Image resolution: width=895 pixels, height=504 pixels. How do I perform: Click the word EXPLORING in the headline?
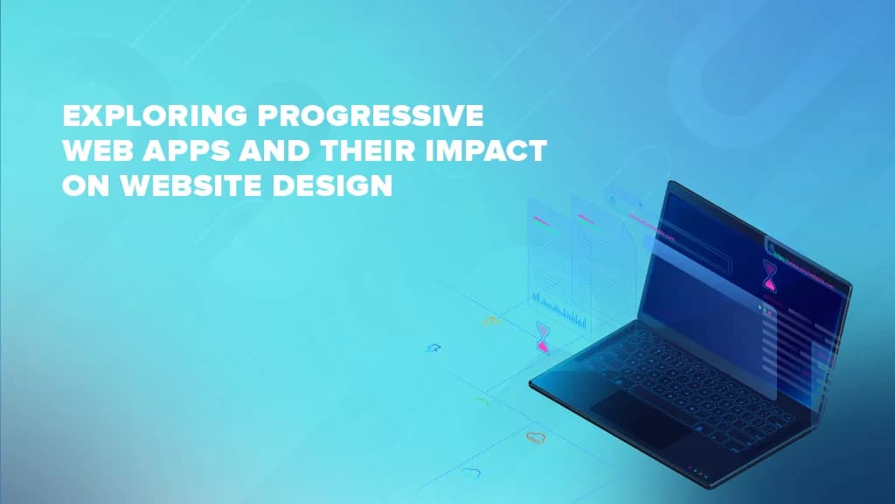pos(155,115)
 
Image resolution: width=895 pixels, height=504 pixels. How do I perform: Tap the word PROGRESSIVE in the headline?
pos(371,115)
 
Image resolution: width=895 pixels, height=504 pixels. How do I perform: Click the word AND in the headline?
pos(274,150)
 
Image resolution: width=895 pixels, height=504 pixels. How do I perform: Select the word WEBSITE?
pos(191,185)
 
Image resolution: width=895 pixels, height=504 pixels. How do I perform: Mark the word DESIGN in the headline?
pos(332,185)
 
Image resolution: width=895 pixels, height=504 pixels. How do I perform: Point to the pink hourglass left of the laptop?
pos(543,337)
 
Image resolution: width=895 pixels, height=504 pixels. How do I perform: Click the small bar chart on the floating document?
pos(559,311)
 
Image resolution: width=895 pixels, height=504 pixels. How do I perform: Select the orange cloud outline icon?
pos(536,437)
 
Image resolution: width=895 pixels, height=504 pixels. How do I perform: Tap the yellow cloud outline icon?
pos(491,320)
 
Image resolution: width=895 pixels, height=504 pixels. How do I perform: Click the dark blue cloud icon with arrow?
pos(434,347)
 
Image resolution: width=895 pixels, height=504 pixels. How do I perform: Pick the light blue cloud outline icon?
pos(471,472)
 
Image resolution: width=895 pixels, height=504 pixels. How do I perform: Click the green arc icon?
pos(482,402)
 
